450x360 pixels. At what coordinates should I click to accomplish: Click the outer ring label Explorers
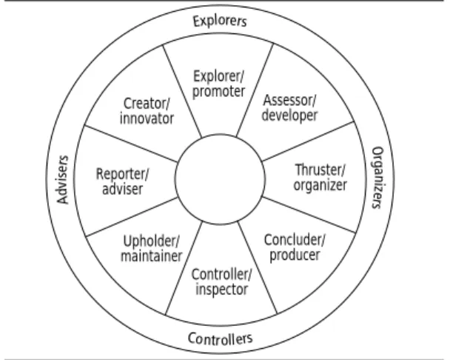tap(220, 21)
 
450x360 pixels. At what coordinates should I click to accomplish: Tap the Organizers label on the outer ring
tap(377, 178)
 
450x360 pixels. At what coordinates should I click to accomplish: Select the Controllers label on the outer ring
tap(221, 339)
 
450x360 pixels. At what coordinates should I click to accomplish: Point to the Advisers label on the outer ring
tap(63, 180)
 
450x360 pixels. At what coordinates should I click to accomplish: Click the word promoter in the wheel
tap(218, 92)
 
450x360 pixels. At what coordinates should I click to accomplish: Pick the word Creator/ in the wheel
tap(147, 104)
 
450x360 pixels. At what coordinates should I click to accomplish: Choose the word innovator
tap(147, 119)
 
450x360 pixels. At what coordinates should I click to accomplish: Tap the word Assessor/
tap(289, 100)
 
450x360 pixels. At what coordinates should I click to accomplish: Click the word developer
tap(289, 116)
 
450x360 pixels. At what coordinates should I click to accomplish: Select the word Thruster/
tap(320, 170)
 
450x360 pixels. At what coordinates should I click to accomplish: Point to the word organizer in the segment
tap(320, 185)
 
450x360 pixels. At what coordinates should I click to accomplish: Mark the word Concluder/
tap(295, 240)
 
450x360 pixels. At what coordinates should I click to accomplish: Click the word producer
tap(295, 256)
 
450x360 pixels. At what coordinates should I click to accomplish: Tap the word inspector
tap(221, 290)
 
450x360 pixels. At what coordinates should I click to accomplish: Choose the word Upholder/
tap(151, 241)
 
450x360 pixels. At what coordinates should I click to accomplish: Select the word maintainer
tap(152, 256)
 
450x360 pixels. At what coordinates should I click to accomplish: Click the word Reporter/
tap(123, 174)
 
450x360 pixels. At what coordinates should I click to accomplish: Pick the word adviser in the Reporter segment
tap(123, 189)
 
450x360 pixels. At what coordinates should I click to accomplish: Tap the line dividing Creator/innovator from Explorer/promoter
tap(182, 91)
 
